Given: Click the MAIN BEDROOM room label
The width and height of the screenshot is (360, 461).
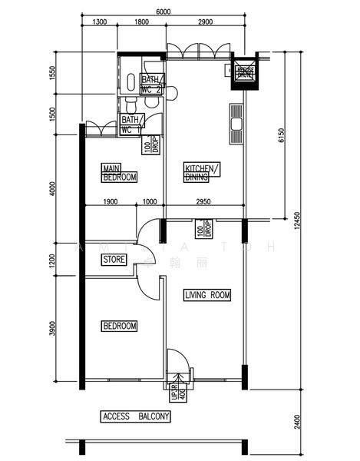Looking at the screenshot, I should [120, 173].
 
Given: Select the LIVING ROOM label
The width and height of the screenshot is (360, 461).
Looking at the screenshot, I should [207, 295].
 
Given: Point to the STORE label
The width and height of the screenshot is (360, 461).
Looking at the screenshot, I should [114, 260].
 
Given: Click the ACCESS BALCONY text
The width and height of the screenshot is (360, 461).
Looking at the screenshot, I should [136, 416].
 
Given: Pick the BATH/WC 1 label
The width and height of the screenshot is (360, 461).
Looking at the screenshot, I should [131, 124].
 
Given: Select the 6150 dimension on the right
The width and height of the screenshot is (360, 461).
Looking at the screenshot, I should [282, 136].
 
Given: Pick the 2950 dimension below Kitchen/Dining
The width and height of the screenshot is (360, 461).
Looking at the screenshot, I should [204, 201].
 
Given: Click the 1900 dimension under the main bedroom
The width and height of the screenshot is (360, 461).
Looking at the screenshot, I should [109, 201].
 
